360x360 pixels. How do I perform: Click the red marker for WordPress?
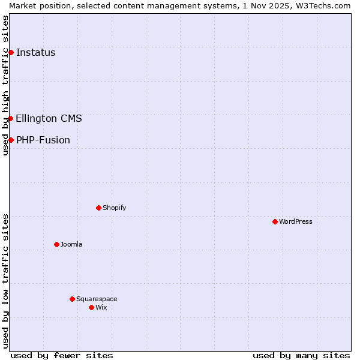coord(275,221)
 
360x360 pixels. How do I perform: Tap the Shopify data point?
coord(98,208)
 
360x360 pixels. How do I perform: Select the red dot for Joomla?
coord(56,244)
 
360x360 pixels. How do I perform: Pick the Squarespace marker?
coord(72,299)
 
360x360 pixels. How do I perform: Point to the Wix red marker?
coord(91,307)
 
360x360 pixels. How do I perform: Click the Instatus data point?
coord(11,52)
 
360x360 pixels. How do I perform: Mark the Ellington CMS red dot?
coord(11,118)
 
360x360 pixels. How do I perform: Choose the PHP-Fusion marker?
coord(11,140)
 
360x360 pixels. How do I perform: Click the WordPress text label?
coord(296,221)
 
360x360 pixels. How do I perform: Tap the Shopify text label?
coord(115,208)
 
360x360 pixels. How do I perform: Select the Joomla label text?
coord(71,244)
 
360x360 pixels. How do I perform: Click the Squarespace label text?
coord(97,299)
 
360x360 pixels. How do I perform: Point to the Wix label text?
coord(101,307)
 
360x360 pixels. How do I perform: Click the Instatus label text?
coord(36,52)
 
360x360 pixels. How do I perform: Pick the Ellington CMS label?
coord(49,118)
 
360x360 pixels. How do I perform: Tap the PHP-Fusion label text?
coord(43,140)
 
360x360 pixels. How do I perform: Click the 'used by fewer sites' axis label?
coord(62,355)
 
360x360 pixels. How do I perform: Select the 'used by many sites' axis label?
coord(301,355)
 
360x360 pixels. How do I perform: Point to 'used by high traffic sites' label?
coord(5,85)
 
